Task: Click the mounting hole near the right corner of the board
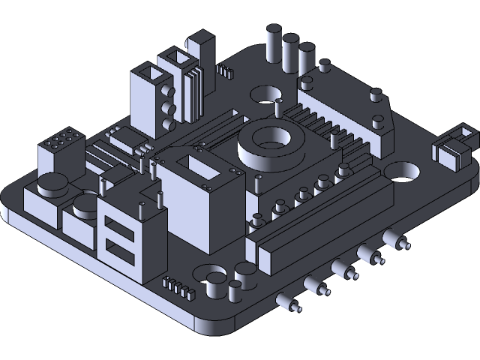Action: [x=404, y=172]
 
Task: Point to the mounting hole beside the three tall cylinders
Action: [x=262, y=94]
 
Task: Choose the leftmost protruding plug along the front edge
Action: [x=289, y=302]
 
